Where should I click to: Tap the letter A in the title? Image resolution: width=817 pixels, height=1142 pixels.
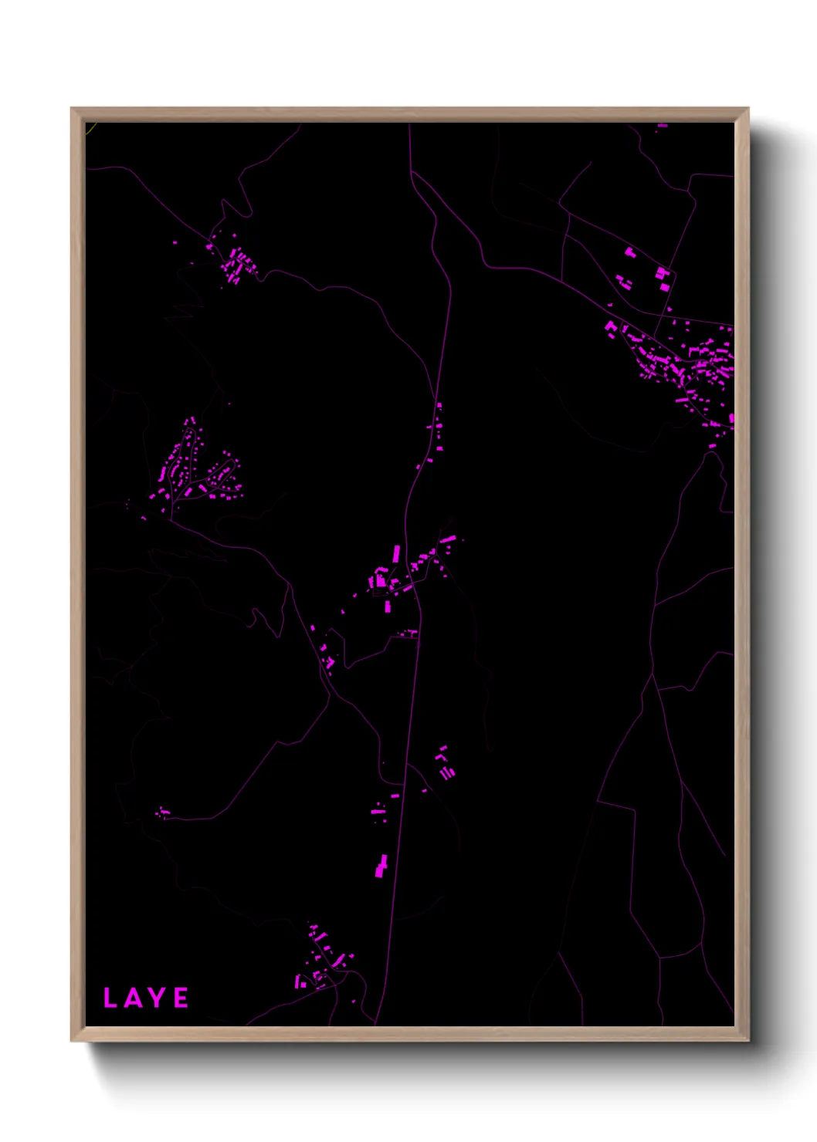pos(131,998)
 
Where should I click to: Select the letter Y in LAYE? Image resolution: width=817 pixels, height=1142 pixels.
pos(156,998)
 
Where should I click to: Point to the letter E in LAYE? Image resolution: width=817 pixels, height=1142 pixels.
pos(181,998)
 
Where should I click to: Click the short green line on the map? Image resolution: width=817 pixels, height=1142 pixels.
pos(90,127)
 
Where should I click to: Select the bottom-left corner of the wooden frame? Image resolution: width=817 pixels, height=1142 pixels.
pos(73,1039)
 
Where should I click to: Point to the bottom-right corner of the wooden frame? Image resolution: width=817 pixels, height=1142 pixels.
pos(747,1039)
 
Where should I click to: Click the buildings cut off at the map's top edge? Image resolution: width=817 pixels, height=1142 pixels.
pos(662,125)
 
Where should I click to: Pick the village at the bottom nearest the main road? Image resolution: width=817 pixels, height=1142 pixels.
pos(324,961)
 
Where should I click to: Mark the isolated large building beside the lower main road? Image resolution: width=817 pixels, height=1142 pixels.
pos(381,867)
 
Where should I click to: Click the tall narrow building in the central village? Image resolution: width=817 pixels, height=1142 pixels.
pos(397,553)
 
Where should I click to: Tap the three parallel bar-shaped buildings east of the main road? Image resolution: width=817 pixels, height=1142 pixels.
pos(446,764)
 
